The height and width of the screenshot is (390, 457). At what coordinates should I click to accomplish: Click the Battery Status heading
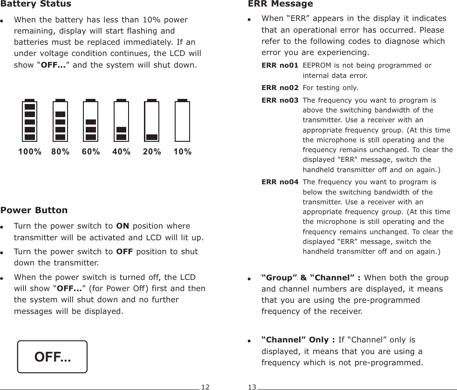tap(36, 4)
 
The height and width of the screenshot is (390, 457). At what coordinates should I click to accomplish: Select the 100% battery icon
tap(30, 121)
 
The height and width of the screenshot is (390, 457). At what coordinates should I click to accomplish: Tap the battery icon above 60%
tap(91, 121)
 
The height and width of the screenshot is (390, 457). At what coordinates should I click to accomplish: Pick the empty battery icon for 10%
tap(182, 121)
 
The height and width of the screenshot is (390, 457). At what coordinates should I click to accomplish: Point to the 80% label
tap(60, 152)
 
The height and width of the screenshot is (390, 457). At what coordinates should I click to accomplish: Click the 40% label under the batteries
tap(122, 152)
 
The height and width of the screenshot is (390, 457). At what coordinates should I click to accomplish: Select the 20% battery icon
tap(151, 121)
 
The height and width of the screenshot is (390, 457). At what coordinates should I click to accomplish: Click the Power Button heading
tap(34, 210)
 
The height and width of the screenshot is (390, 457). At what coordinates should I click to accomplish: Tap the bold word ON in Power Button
tap(123, 226)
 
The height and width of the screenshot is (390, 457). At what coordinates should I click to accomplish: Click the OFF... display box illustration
tap(52, 357)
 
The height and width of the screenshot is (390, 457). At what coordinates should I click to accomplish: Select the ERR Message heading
tap(280, 4)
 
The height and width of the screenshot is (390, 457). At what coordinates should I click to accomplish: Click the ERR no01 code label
tap(280, 65)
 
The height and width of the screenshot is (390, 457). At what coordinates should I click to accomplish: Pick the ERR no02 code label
tap(280, 88)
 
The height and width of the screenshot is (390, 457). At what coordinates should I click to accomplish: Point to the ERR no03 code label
tap(280, 100)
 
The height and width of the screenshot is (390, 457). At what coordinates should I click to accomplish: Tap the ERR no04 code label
tap(280, 182)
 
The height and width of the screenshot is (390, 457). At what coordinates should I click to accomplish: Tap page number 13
tap(252, 387)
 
